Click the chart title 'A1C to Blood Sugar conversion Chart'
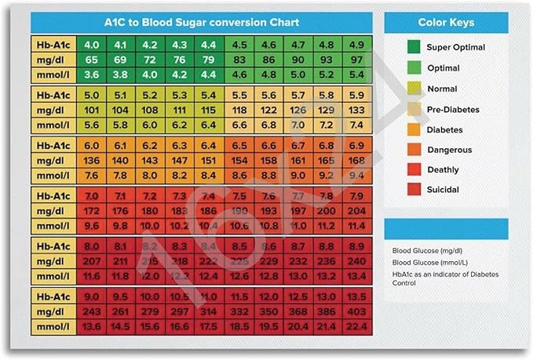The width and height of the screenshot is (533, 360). point(202,22)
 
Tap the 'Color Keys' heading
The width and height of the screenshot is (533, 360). point(445,22)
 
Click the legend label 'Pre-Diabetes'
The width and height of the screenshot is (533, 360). point(453,110)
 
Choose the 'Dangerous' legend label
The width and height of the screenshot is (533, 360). point(450,149)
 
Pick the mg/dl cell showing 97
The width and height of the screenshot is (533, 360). point(356,60)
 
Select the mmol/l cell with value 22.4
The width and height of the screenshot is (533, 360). point(356,326)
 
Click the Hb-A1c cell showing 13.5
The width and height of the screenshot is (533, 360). point(356,296)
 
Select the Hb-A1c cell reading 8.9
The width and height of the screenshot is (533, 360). point(356,245)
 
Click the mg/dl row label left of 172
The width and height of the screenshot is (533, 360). point(54,210)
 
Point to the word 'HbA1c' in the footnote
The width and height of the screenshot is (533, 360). point(403,275)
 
